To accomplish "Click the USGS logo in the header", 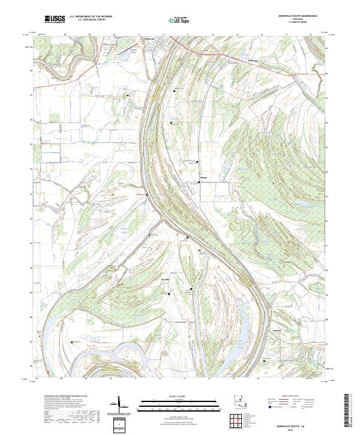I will (55, 19).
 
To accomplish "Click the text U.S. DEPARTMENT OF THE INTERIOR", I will (91, 16).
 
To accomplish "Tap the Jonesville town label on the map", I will (154, 38).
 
